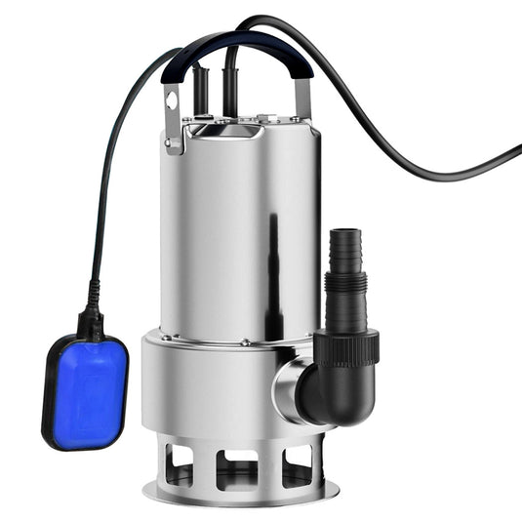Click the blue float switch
[x=86, y=390]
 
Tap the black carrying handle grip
[x=234, y=44]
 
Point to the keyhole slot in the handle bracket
[x=173, y=101]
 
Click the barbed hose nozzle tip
[x=343, y=244]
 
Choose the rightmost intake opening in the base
[x=298, y=464]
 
